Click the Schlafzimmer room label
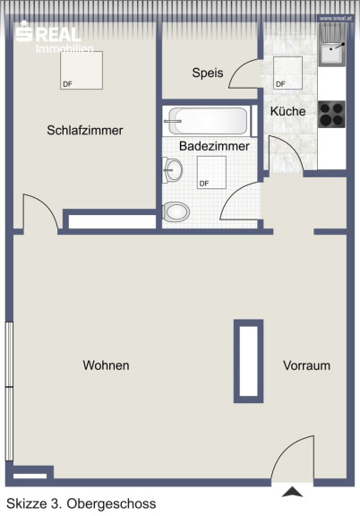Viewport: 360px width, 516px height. [85, 130]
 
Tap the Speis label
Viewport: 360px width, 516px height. [208, 73]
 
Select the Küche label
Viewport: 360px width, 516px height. [288, 111]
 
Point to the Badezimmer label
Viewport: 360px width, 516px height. [214, 146]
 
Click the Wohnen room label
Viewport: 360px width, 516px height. [106, 365]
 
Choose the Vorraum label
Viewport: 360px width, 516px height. [306, 365]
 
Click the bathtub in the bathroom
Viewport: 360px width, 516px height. [207, 121]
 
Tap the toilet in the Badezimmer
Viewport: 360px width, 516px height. [176, 212]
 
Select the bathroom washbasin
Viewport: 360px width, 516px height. [173, 170]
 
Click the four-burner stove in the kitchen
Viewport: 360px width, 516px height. [331, 114]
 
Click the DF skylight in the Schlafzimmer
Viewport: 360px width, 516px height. [81, 70]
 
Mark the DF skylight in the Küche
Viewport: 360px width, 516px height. [287, 73]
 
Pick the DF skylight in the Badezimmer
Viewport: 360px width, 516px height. [211, 172]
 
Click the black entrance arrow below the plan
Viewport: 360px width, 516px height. [292, 493]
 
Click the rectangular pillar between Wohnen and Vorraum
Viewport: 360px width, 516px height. [248, 361]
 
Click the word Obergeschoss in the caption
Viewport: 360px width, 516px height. [111, 503]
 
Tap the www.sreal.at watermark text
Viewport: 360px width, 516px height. [336, 19]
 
